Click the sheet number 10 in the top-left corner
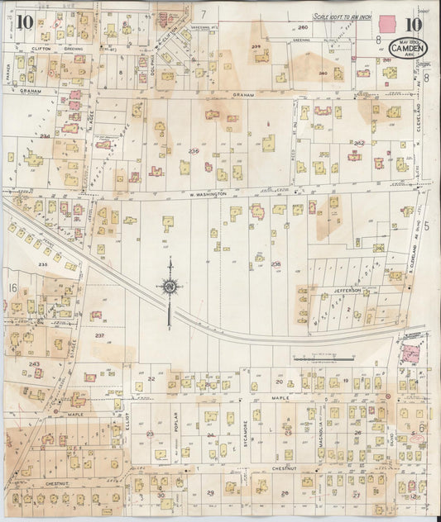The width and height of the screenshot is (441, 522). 22,21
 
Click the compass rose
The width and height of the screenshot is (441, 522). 171,287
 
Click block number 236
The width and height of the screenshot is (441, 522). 194,151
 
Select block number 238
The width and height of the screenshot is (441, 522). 276,264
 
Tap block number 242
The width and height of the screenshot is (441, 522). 359,143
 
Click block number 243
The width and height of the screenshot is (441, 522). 34,363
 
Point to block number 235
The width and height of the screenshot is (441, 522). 44,263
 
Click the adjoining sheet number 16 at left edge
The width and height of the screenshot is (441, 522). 12,287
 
